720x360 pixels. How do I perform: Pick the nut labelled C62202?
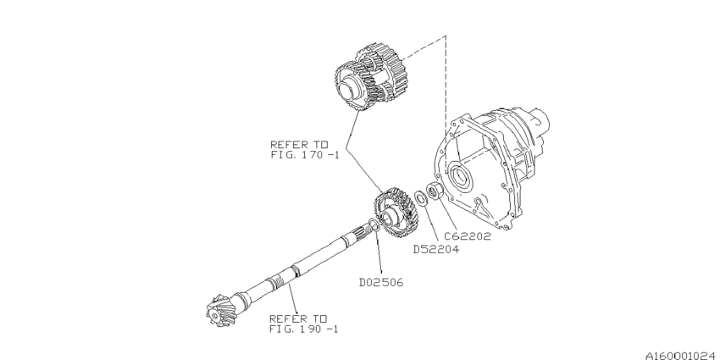click(x=432, y=191)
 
